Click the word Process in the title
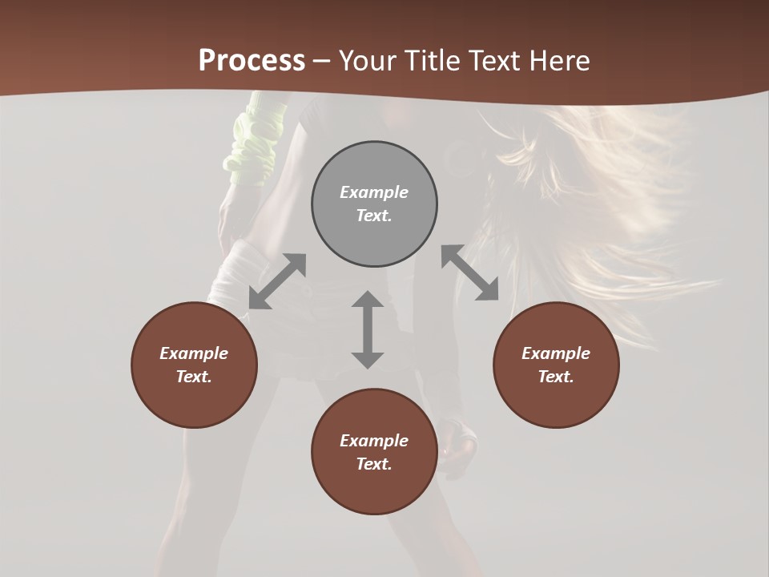[x=252, y=61]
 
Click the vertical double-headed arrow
[x=368, y=329]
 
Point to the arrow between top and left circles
[x=277, y=281]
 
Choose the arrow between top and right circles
[x=470, y=272]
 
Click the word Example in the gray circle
[x=374, y=192]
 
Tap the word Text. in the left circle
[x=194, y=377]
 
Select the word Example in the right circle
[x=556, y=353]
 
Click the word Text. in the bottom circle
[x=374, y=464]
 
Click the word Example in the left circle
[x=194, y=353]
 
